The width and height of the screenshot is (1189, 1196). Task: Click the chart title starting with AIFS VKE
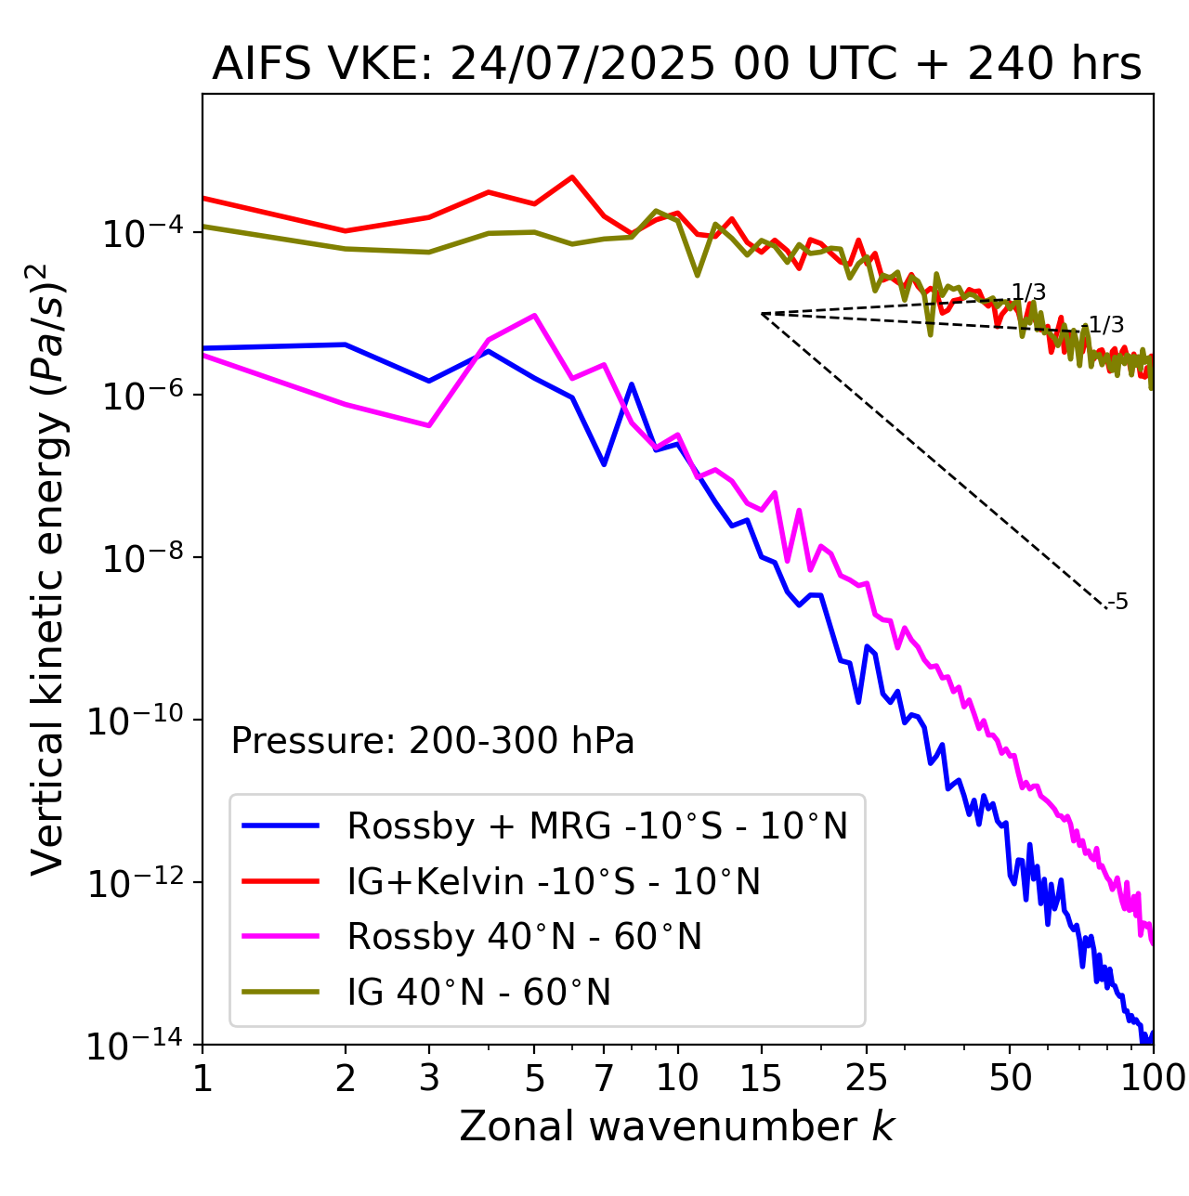(x=677, y=64)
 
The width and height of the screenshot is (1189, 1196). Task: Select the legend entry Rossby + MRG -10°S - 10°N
(x=597, y=825)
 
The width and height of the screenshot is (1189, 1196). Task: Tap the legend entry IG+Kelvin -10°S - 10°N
(x=554, y=881)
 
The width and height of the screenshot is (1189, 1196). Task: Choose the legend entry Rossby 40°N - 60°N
(x=524, y=937)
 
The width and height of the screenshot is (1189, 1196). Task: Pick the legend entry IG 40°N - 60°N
(x=478, y=993)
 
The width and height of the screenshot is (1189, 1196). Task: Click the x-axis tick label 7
(x=604, y=1078)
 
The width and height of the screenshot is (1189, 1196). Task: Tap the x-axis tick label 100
(x=1153, y=1078)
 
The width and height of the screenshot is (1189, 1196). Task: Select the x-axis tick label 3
(x=428, y=1078)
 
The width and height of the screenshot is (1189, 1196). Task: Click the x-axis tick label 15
(x=761, y=1078)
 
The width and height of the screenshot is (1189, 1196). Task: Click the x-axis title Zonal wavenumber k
(x=677, y=1126)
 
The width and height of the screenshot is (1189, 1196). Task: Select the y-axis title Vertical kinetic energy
(x=48, y=568)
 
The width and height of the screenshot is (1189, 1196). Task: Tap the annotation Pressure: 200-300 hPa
(x=433, y=741)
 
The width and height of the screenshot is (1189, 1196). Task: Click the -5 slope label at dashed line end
(x=1118, y=603)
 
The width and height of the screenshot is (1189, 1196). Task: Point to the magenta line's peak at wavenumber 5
(x=534, y=316)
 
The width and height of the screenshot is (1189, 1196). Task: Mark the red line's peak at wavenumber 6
(x=572, y=176)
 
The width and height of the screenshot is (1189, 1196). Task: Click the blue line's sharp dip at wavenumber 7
(x=604, y=464)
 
